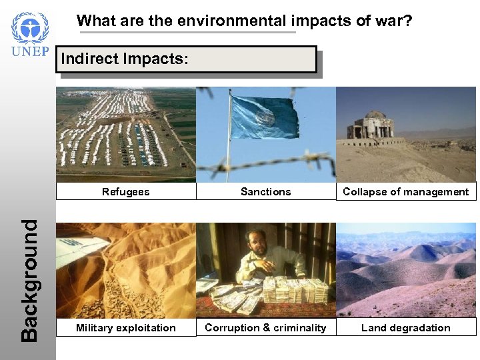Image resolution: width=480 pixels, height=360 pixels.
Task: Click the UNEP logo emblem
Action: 30,29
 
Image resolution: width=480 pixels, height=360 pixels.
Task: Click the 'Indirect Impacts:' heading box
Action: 187,59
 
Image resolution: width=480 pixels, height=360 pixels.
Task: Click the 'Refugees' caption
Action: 126,192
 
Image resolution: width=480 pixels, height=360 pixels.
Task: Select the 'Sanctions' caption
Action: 265,192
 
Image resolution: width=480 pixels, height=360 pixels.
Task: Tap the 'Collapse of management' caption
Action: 405,192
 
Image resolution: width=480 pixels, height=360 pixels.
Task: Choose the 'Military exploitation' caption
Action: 126,327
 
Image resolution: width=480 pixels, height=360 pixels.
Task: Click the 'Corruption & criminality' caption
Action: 265,327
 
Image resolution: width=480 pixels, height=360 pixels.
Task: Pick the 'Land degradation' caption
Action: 405,327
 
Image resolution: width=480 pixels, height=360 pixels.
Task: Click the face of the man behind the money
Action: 259,246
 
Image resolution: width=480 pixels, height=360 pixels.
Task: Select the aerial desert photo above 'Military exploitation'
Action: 126,270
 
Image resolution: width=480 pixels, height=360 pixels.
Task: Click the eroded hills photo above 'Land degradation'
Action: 405,270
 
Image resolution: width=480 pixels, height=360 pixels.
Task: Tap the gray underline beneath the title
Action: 186,32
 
